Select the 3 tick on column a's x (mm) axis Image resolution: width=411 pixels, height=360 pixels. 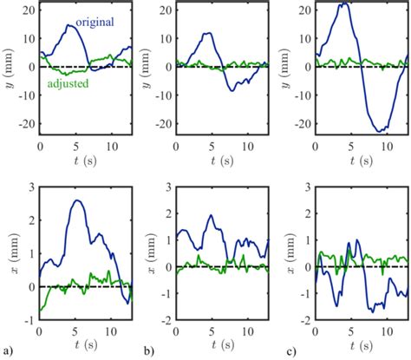coord(31,187)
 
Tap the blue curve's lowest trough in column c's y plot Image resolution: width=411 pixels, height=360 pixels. coord(381,131)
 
